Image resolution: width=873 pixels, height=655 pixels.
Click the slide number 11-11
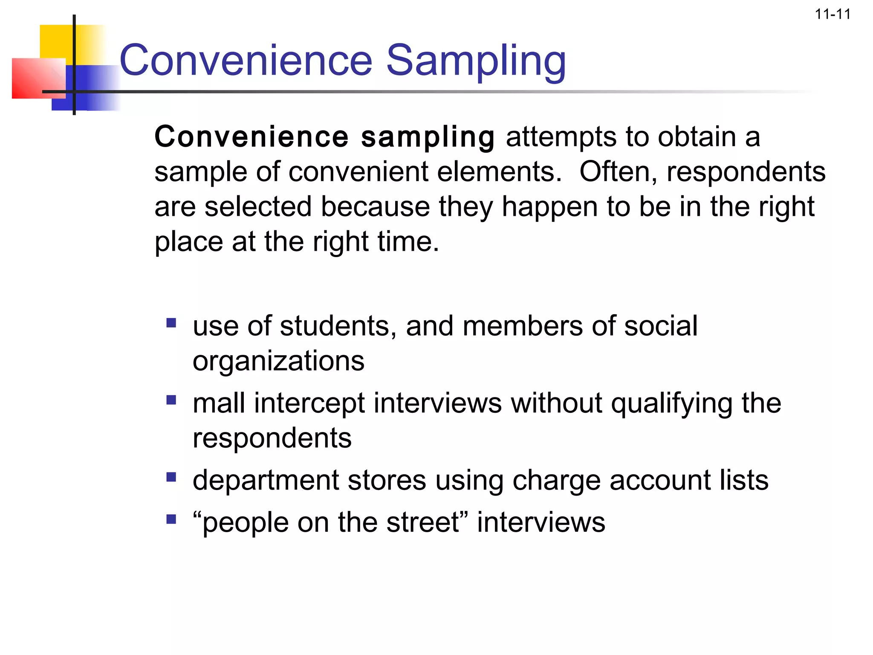[x=833, y=14]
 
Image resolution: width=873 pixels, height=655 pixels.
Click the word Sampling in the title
[x=476, y=61]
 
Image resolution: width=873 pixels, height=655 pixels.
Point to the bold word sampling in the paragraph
[x=428, y=137]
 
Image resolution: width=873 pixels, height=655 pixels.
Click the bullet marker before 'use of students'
[x=171, y=323]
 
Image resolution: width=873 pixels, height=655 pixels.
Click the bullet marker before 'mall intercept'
[x=171, y=400]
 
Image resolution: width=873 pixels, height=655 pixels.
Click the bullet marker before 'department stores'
[x=171, y=477]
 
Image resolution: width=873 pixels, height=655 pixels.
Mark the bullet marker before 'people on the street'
[x=171, y=519]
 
